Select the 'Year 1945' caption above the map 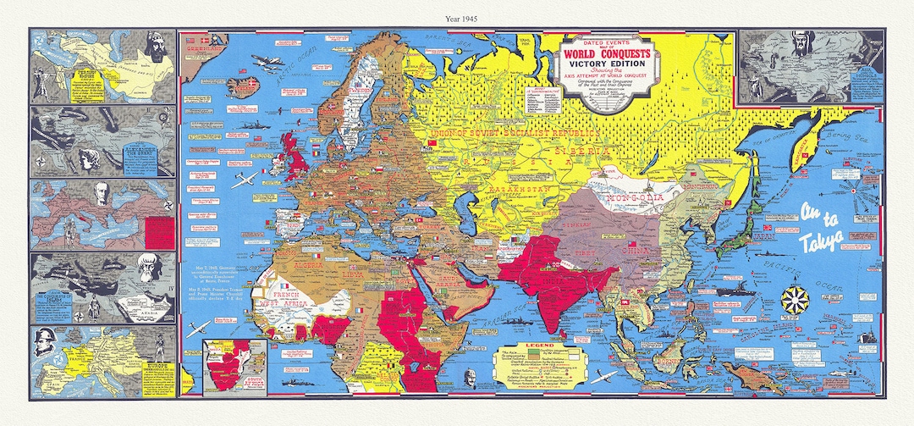[456, 15]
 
